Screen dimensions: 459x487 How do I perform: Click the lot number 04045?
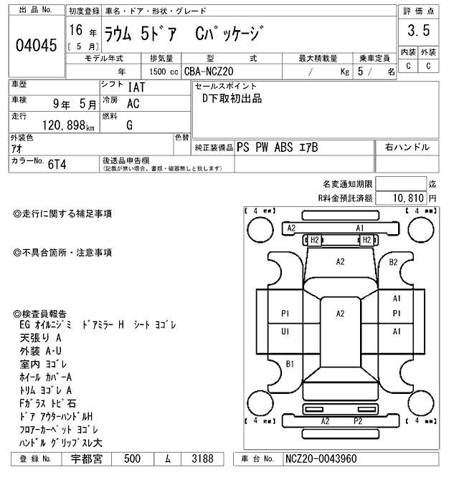tap(35, 45)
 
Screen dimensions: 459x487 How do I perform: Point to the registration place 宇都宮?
tap(87, 458)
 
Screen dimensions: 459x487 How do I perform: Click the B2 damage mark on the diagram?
tap(393, 262)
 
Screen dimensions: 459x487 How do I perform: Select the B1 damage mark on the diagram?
tap(290, 365)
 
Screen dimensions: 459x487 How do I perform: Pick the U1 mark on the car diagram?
tap(285, 331)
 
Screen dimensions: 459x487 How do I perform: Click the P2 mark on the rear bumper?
tap(357, 420)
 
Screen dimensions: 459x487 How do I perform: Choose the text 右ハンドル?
tap(407, 148)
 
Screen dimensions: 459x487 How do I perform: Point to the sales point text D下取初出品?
tap(232, 99)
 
